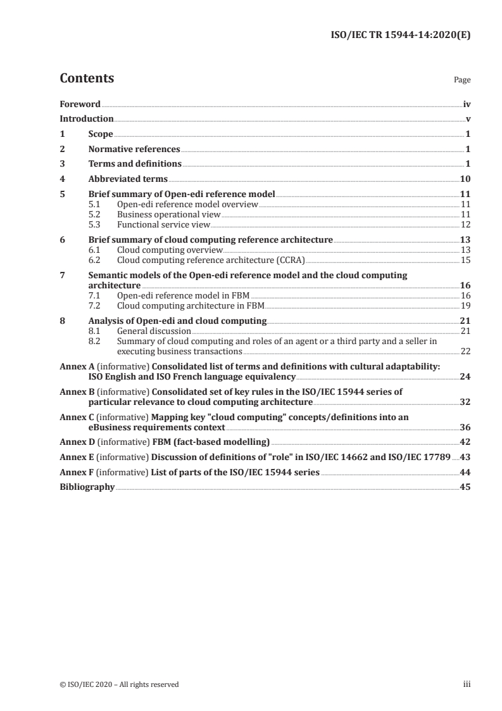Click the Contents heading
tap(87, 79)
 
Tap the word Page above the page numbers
tap(462, 80)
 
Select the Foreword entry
tap(80, 104)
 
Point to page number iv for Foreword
tap(467, 104)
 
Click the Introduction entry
tap(86, 118)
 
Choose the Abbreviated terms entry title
tap(128, 179)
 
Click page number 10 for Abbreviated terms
tap(465, 179)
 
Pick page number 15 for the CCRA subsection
tap(465, 260)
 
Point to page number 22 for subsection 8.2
tap(465, 351)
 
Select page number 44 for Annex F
tap(465, 472)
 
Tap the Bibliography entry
tap(87, 487)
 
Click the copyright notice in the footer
tap(119, 684)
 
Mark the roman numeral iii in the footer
tap(467, 684)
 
